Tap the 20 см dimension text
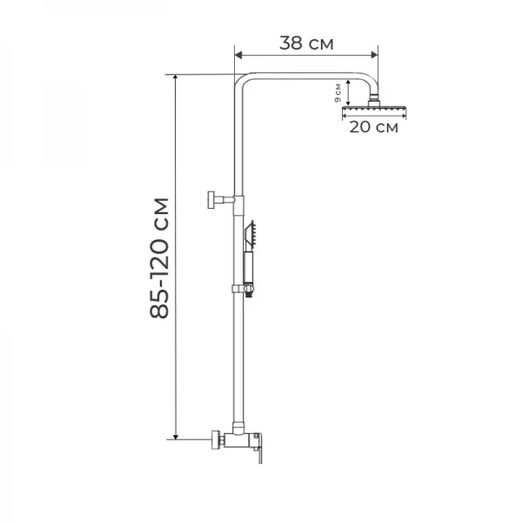click(374, 128)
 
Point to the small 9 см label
click(338, 93)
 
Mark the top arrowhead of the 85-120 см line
click(177, 79)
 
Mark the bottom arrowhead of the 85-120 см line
click(177, 435)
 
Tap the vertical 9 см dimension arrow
click(347, 92)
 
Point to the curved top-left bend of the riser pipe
click(242, 83)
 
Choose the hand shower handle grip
click(248, 264)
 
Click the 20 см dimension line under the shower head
click(374, 114)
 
